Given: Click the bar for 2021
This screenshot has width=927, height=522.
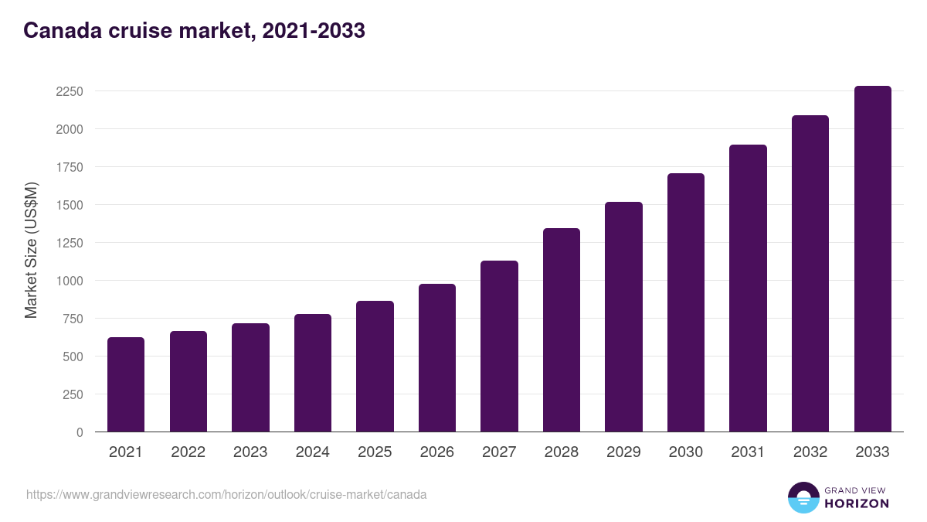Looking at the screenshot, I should coord(126,384).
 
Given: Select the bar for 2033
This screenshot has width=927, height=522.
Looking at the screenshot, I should coord(872,259).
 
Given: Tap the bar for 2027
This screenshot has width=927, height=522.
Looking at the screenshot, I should coord(499,346).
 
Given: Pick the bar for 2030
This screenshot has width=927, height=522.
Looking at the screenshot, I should coord(686,302).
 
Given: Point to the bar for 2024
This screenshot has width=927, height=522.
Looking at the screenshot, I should coord(312,373).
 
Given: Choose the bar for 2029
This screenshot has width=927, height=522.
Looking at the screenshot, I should coord(623,317).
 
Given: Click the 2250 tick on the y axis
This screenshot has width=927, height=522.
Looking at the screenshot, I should coord(69,91).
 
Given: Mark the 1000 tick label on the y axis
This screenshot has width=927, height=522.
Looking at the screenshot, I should coord(69,281).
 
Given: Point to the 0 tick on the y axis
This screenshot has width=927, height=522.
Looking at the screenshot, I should coord(79,432).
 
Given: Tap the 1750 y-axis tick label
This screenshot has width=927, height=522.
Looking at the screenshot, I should coord(69,167).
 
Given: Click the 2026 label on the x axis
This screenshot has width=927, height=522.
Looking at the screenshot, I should coord(436,452).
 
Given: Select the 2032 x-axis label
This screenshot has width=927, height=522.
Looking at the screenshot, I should coord(810,452).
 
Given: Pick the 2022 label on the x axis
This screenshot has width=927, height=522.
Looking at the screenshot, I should coord(188,452).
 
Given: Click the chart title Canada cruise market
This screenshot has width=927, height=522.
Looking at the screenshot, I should coord(194,31).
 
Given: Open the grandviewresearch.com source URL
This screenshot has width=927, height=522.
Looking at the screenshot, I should coord(226,494).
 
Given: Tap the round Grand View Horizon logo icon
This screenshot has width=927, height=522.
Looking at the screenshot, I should coord(803,497).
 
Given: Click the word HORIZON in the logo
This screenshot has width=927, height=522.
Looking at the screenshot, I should coord(857,503).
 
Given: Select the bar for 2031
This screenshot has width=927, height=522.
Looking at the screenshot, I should coord(748,288).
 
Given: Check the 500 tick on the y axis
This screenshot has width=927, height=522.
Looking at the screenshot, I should coord(73,357).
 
